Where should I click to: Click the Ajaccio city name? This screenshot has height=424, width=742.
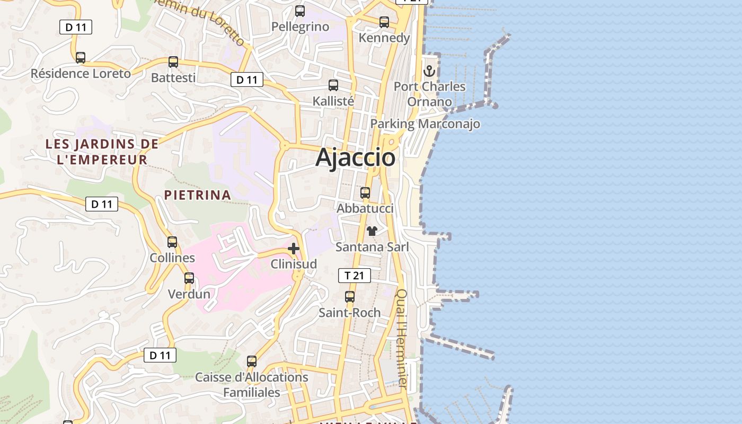coord(356,157)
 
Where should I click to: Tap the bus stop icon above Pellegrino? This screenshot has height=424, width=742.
coord(300,11)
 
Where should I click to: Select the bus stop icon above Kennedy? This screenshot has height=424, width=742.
coord(384,22)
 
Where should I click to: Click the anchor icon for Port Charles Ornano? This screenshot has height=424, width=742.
coord(429,70)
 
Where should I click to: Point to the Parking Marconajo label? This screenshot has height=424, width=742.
coord(425,123)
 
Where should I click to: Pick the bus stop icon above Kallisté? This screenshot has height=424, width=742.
coord(333,85)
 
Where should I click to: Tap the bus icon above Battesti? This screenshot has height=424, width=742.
coord(173,62)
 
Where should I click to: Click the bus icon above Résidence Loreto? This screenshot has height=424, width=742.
coord(81,58)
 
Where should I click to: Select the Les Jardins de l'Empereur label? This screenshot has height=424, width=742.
coord(102,152)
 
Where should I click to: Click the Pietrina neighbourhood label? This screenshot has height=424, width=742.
coord(198,195)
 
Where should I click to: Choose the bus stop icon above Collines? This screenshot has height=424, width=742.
coord(172,242)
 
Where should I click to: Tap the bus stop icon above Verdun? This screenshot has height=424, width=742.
coord(189,278)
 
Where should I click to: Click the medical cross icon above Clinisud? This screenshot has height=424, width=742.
coord(294,248)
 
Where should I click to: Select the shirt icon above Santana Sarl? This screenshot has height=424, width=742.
coord(372,231)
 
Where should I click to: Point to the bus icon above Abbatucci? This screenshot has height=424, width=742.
coord(365,193)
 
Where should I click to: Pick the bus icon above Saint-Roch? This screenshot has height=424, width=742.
coord(350,297)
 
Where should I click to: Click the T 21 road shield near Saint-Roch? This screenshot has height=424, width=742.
coord(354,276)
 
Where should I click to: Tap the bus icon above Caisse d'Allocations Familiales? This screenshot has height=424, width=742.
coord(252,361)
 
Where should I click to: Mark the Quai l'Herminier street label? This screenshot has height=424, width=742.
coord(402,339)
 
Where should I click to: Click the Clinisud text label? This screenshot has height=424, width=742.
coord(294,264)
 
